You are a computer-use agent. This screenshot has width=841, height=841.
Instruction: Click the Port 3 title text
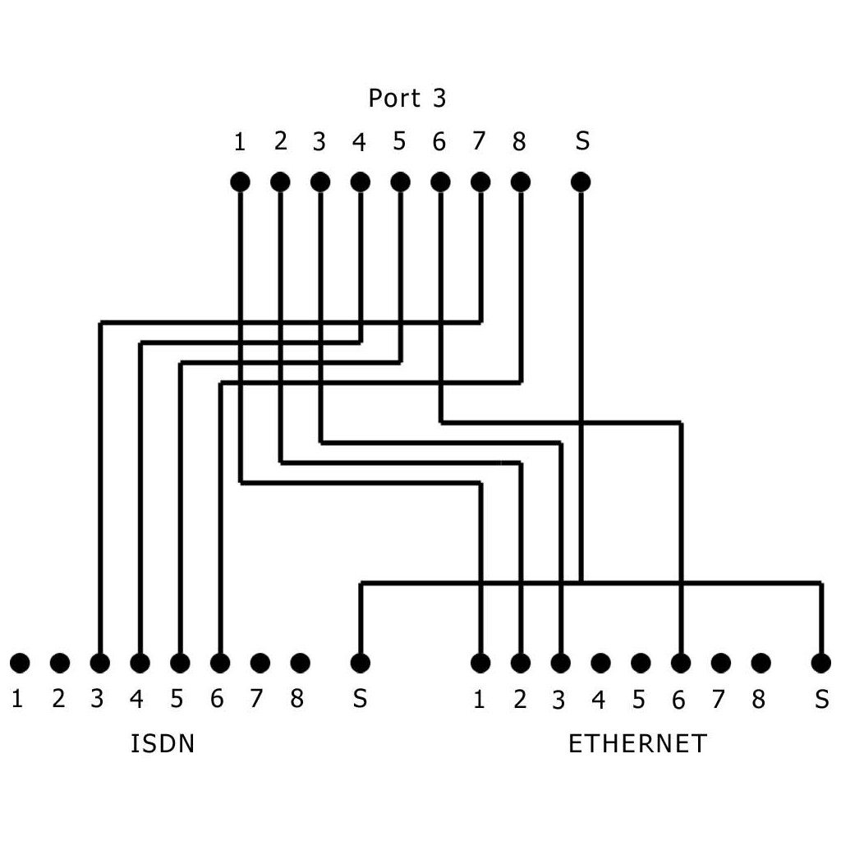coord(407,99)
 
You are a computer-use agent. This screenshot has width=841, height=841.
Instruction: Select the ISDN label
coord(163,744)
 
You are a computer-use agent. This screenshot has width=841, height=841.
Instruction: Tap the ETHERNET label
coord(637,744)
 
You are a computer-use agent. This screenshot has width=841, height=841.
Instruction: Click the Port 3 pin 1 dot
coord(240,182)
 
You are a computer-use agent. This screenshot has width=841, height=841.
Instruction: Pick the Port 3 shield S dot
coord(581,182)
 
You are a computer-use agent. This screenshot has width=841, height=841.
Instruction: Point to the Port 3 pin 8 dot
coord(520,182)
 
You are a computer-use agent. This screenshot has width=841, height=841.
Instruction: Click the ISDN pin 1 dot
coord(20,663)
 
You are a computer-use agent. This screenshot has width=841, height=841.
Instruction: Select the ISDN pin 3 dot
coord(99,663)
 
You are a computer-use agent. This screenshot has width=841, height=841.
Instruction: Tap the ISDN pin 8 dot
coord(300,663)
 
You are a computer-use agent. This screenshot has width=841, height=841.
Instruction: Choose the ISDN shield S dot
coord(360,663)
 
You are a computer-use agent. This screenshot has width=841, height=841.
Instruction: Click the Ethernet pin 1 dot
coord(480,663)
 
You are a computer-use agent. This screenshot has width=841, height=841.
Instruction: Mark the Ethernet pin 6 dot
coord(681,663)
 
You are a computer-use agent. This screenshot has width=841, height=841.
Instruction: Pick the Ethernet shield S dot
coord(820,663)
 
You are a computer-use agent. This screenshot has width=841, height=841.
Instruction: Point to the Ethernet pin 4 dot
coord(600,663)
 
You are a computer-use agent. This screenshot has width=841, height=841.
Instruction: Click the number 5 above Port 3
coord(399,141)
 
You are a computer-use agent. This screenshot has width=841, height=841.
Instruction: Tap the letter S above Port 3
coord(582,141)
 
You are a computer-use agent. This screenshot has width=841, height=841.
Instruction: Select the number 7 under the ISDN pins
coord(256,699)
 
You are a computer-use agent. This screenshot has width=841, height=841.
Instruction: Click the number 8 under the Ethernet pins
coord(758,700)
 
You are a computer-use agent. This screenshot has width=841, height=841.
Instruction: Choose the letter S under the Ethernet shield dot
coord(821,700)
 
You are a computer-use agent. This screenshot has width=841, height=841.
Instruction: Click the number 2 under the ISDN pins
coord(58,699)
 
